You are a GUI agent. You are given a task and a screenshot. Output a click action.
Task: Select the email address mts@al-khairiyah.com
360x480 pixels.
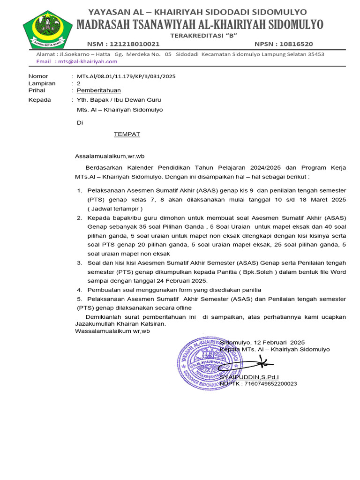point(86,61)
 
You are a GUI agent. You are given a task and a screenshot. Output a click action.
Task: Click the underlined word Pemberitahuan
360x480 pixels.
point(98,90)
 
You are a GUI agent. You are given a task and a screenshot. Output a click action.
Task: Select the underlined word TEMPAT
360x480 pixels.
point(127,134)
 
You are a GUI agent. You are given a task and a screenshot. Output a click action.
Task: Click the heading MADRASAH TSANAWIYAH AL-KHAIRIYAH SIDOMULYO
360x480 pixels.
point(200,24)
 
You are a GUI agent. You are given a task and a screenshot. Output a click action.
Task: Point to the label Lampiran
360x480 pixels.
point(42,83)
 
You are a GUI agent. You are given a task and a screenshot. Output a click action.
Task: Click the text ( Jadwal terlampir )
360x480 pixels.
point(115,208)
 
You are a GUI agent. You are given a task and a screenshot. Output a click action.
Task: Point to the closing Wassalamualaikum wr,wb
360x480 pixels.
point(112,331)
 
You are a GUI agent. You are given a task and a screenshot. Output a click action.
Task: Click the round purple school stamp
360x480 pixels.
point(210,364)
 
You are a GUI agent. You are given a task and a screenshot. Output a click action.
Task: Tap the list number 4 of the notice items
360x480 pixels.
point(80,290)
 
